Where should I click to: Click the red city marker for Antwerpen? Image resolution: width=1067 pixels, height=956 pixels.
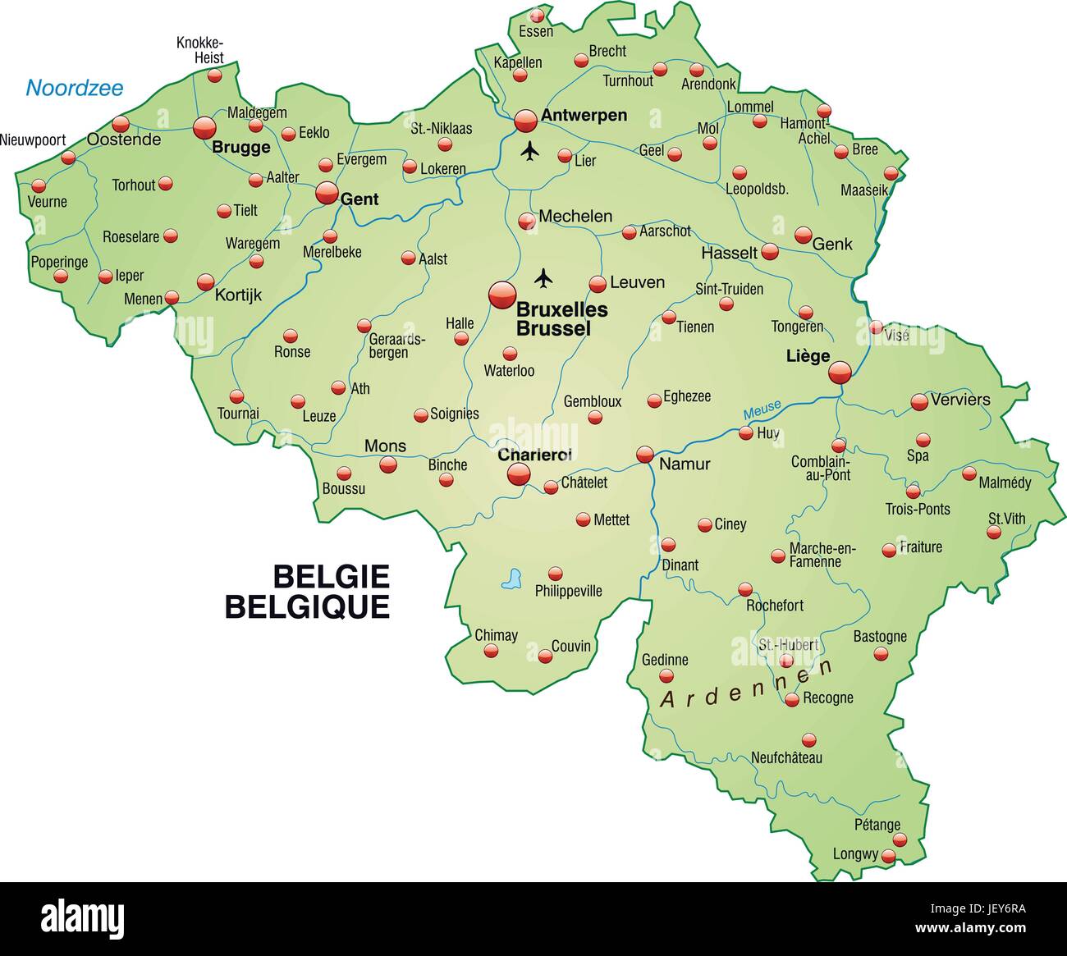(525, 121)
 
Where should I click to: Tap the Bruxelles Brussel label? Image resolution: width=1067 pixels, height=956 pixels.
(561, 319)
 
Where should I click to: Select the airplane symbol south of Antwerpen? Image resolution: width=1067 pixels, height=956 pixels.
(531, 151)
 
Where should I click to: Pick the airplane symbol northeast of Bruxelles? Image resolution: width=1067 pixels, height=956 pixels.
(543, 278)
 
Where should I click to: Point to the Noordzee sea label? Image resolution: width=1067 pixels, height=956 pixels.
(74, 88)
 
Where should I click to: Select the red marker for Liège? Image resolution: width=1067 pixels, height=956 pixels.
(840, 373)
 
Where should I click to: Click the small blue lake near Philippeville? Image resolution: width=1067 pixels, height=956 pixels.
(513, 579)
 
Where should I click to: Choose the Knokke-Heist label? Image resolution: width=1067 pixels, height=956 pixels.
(200, 50)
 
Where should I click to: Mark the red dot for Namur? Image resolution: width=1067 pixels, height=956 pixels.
(645, 454)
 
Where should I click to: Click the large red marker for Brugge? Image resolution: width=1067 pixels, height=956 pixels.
(204, 127)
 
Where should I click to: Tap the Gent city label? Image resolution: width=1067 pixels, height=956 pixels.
(359, 199)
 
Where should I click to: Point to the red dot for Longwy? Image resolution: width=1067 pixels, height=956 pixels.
(888, 856)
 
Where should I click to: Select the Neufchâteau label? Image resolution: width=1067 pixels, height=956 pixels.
(786, 758)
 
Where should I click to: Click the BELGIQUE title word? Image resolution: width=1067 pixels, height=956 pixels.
(307, 606)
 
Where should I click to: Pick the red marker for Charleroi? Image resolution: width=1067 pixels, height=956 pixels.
(519, 473)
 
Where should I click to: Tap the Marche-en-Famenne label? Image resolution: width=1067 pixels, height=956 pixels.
(822, 555)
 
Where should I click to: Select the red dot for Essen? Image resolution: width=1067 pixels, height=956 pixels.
(537, 16)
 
